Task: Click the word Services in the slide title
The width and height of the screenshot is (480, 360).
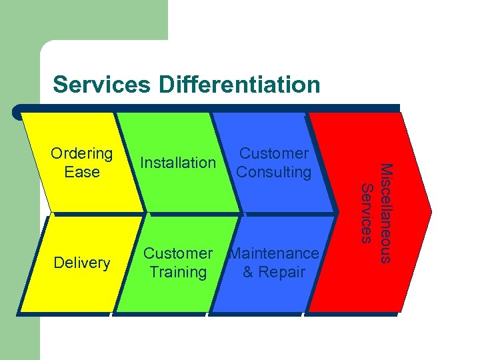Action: (102, 85)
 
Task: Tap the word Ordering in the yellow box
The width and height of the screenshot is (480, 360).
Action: (82, 153)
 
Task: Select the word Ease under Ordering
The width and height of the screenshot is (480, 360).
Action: (82, 172)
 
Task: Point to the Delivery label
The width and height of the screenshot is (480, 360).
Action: (82, 263)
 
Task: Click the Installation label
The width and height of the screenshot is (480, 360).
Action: (178, 163)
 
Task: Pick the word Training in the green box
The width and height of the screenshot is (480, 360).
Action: (178, 272)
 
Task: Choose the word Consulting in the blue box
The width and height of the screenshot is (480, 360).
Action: (274, 172)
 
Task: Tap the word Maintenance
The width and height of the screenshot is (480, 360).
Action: (274, 253)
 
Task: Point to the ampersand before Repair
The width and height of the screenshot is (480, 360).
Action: (249, 272)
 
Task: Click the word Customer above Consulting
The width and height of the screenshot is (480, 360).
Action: (274, 153)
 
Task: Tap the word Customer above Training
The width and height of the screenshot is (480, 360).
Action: (178, 253)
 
